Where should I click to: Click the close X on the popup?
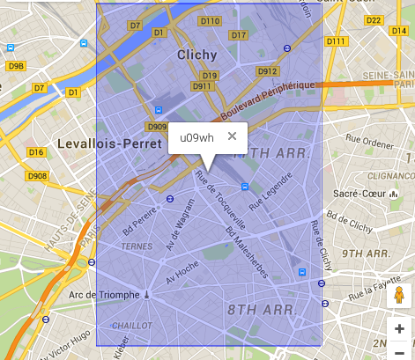(x=232, y=136)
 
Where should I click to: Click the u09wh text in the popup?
(x=196, y=137)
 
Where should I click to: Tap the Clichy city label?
(x=196, y=55)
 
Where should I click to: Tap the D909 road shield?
(x=158, y=127)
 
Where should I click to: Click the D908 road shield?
(x=37, y=176)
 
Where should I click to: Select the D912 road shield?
(x=268, y=71)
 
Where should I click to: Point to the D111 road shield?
(x=336, y=41)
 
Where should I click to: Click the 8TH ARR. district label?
(x=254, y=310)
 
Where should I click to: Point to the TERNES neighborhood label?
(x=136, y=246)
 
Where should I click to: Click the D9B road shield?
(x=16, y=66)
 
